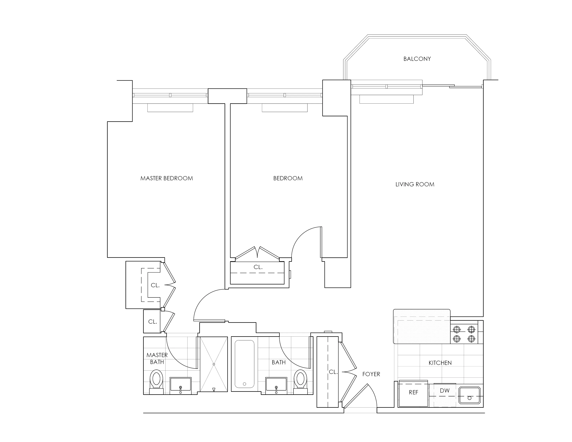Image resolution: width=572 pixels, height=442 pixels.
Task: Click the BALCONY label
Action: [x=417, y=59]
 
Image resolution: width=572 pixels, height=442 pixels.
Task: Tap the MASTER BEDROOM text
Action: [x=167, y=178]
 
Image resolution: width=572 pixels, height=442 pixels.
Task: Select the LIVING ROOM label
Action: [x=415, y=184]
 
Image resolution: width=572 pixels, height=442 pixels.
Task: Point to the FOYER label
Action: [x=371, y=374]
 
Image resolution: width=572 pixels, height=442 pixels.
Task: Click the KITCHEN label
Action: [x=440, y=363]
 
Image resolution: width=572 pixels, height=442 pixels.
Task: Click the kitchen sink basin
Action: [x=469, y=395]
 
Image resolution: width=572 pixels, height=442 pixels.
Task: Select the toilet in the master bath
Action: [x=156, y=380]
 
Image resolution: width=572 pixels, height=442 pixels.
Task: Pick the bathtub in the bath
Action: [x=244, y=364]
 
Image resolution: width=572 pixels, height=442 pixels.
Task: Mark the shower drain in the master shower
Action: [x=214, y=364]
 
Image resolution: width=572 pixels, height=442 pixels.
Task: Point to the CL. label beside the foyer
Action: [x=333, y=372]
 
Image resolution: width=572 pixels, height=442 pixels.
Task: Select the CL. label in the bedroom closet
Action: [x=258, y=267]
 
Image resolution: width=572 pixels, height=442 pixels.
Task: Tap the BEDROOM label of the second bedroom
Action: [x=288, y=178]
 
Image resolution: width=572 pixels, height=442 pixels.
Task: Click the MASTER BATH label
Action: [x=157, y=358]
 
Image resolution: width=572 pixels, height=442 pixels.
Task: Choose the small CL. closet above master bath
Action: [x=152, y=322]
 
